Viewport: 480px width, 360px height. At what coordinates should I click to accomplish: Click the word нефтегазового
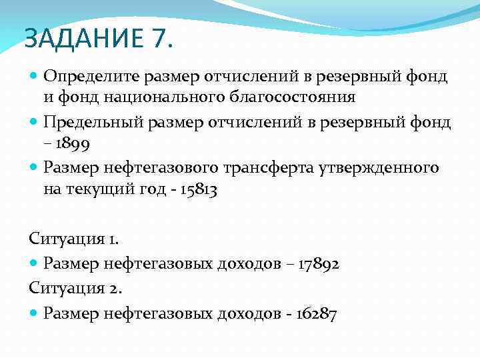point(173,167)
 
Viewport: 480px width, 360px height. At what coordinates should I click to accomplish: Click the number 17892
point(315,263)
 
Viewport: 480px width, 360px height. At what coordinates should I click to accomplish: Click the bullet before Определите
point(35,77)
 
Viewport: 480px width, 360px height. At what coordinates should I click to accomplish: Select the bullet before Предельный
point(35,122)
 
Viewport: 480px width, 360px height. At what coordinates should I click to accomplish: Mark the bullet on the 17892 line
point(35,263)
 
